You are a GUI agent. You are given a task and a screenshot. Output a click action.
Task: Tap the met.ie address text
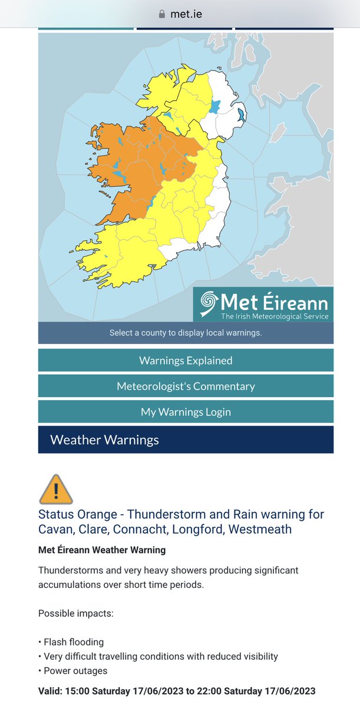(186, 14)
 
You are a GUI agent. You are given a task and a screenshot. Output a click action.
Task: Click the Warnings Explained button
(186, 361)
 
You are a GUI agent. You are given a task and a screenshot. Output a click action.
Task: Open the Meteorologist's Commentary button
(186, 386)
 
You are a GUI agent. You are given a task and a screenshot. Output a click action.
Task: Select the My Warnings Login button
(186, 412)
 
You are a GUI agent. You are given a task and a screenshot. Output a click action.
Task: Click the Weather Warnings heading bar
(186, 440)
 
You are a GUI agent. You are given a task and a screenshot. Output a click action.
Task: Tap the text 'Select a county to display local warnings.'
(186, 333)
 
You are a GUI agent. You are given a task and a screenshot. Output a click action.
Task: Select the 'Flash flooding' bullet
(73, 642)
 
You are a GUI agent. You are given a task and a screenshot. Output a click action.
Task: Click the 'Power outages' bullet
(75, 671)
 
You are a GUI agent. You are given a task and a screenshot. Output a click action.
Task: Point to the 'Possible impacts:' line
(75, 613)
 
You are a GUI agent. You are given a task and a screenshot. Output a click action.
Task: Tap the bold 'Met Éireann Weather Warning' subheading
(102, 550)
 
